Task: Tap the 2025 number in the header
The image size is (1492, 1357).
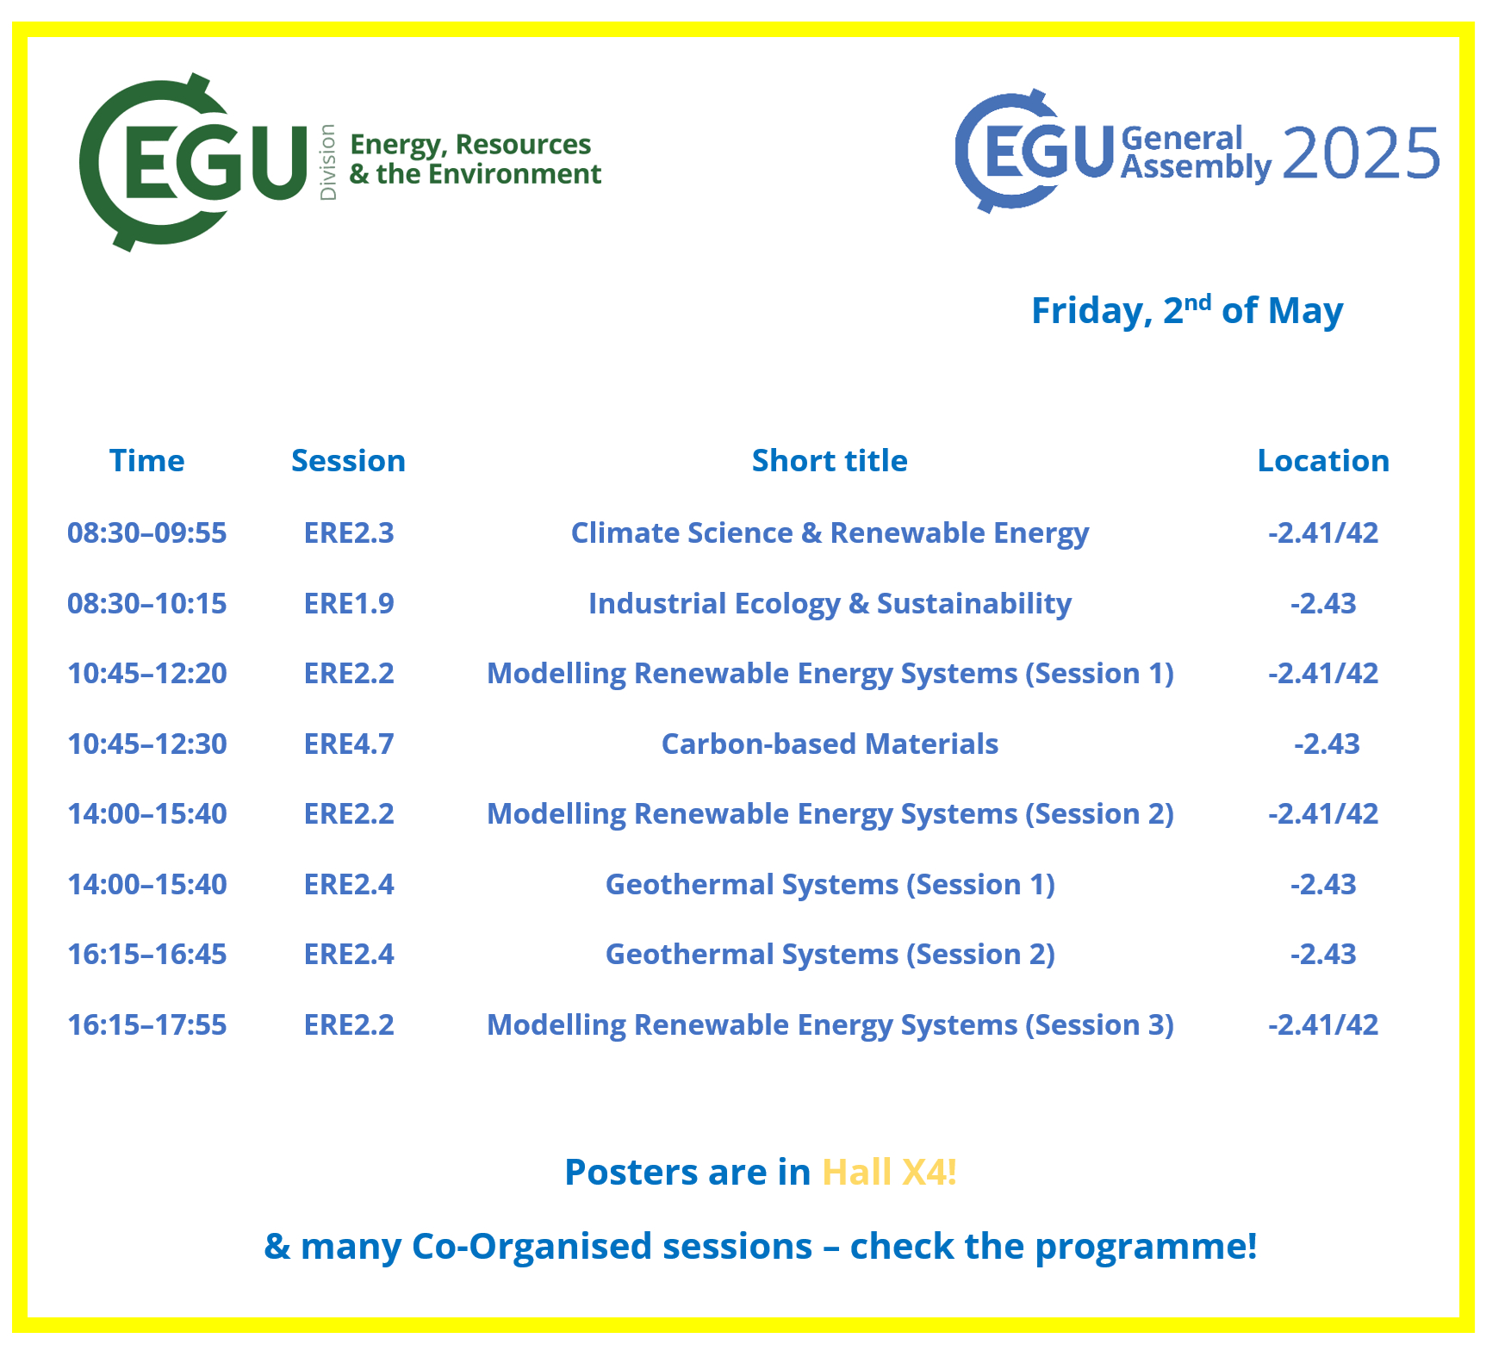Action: [x=1361, y=153]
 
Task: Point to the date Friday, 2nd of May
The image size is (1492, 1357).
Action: [x=1187, y=310]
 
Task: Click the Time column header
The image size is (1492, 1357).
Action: [x=146, y=461]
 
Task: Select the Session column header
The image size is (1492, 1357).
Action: [x=348, y=461]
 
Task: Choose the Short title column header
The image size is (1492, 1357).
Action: [x=830, y=461]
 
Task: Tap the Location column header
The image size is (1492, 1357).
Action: [x=1323, y=461]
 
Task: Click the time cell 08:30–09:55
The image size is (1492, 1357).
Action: [x=147, y=532]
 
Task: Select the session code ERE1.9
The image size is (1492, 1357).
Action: [x=349, y=603]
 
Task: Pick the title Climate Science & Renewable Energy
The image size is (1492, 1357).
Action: [x=830, y=533]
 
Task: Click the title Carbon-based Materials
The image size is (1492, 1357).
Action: [x=830, y=744]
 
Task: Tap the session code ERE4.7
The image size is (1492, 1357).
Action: [x=349, y=744]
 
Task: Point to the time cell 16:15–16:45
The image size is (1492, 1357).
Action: [x=147, y=954]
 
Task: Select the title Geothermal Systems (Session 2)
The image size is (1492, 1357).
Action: [x=830, y=955]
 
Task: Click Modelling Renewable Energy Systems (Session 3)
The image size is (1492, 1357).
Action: [x=830, y=1025]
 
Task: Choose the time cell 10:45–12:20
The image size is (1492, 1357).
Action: [x=147, y=673]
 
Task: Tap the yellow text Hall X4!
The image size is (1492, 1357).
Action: [x=890, y=1172]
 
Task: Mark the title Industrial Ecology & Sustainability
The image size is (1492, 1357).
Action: [x=830, y=604]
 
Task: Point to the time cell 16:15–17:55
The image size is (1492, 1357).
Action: [x=147, y=1024]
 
